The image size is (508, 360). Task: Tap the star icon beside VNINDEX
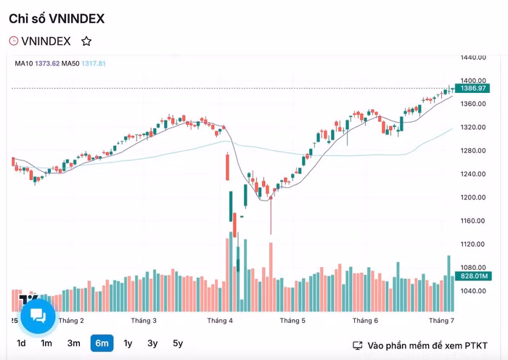pyautogui.click(x=86, y=41)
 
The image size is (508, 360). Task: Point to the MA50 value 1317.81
pyautogui.click(x=94, y=64)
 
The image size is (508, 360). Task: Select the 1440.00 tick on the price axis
pyautogui.click(x=472, y=57)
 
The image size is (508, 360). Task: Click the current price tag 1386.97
pyautogui.click(x=472, y=88)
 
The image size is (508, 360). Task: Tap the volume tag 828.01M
pyautogui.click(x=472, y=277)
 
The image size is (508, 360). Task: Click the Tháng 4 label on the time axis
pyautogui.click(x=220, y=320)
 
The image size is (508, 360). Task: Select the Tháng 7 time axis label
pyautogui.click(x=441, y=320)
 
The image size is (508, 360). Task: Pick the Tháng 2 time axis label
pyautogui.click(x=71, y=320)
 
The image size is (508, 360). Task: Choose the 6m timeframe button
pyautogui.click(x=102, y=343)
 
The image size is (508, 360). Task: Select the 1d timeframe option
pyautogui.click(x=22, y=343)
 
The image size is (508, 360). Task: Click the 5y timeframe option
pyautogui.click(x=178, y=343)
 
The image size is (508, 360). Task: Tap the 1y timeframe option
pyautogui.click(x=128, y=343)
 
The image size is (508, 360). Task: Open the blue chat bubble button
pyautogui.click(x=38, y=316)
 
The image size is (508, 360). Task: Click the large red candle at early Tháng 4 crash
pyautogui.click(x=227, y=168)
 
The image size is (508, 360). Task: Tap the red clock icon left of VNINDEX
pyautogui.click(x=13, y=41)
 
